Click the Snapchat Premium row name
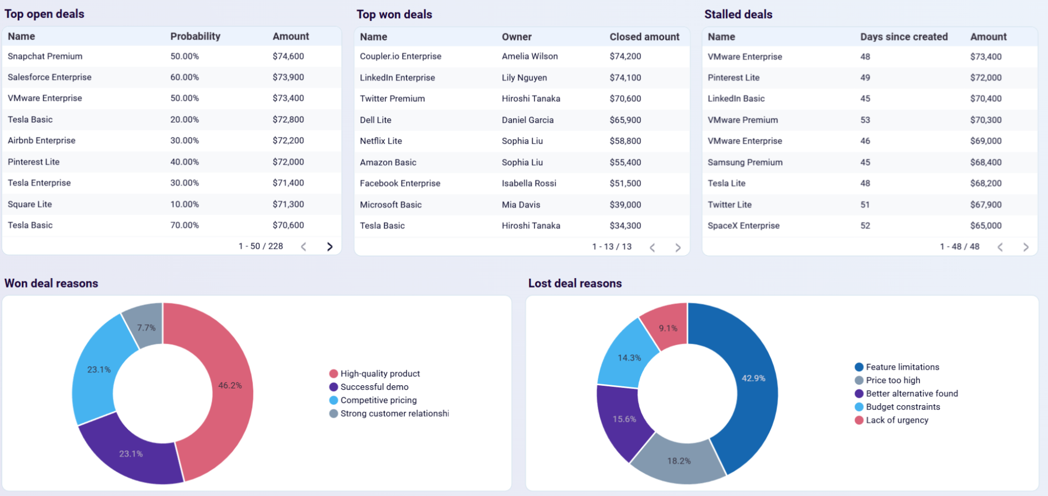click(x=45, y=56)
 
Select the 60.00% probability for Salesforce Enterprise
click(x=185, y=77)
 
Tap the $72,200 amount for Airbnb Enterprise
click(x=288, y=141)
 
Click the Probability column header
click(x=195, y=36)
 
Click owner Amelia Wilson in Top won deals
click(x=530, y=56)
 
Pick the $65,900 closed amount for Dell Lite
click(x=625, y=120)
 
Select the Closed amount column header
click(x=644, y=37)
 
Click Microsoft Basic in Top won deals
click(x=391, y=205)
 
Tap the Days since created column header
click(x=903, y=37)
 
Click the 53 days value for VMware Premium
click(x=865, y=120)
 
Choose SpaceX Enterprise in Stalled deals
click(x=743, y=226)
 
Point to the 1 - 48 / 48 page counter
click(x=959, y=247)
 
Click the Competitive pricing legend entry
click(x=378, y=400)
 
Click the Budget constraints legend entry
click(x=902, y=407)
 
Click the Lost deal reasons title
click(x=575, y=283)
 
